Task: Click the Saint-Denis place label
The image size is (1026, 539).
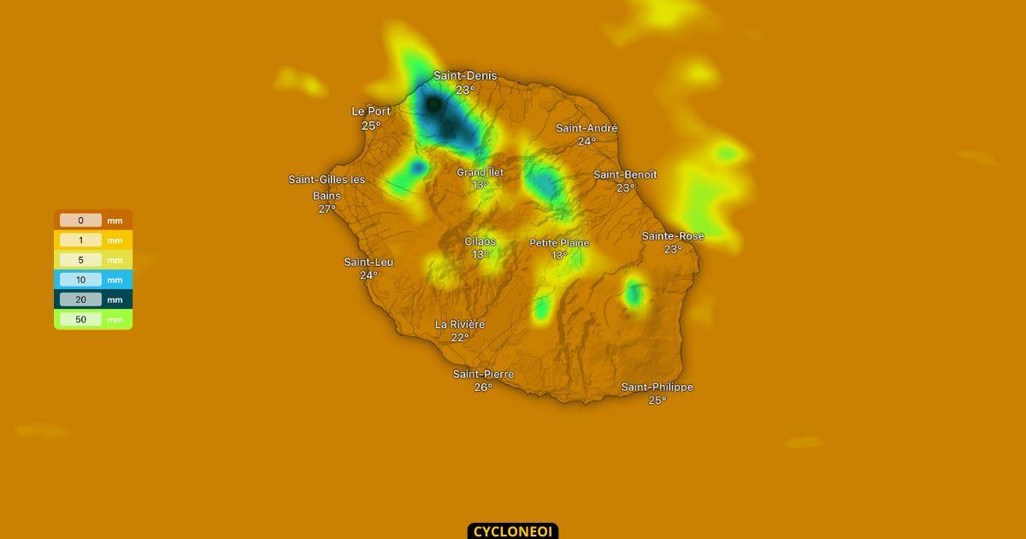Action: click(464, 76)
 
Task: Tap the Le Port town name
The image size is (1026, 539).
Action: click(371, 111)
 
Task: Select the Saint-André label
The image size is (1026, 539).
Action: click(587, 128)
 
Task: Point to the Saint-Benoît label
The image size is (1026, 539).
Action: click(625, 175)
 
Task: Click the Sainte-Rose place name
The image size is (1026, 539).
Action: click(673, 236)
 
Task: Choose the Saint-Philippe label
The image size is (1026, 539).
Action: click(657, 388)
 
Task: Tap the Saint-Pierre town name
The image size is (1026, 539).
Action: click(483, 375)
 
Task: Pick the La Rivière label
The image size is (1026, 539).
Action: click(460, 324)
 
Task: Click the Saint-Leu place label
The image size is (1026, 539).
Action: click(369, 262)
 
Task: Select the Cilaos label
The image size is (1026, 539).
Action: click(480, 242)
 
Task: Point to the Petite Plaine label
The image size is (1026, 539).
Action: click(559, 243)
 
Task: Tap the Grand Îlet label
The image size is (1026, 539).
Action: click(480, 172)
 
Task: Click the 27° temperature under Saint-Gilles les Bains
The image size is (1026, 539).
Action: click(327, 209)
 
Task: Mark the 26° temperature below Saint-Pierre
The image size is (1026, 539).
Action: click(483, 388)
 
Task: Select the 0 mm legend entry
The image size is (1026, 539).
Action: click(92, 220)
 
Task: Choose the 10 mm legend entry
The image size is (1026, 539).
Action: click(92, 280)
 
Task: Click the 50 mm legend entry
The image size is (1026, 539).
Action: click(92, 319)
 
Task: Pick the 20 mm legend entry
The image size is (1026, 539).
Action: click(92, 299)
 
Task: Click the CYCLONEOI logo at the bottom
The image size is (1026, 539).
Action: click(512, 531)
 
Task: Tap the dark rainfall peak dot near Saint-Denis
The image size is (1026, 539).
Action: click(433, 104)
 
